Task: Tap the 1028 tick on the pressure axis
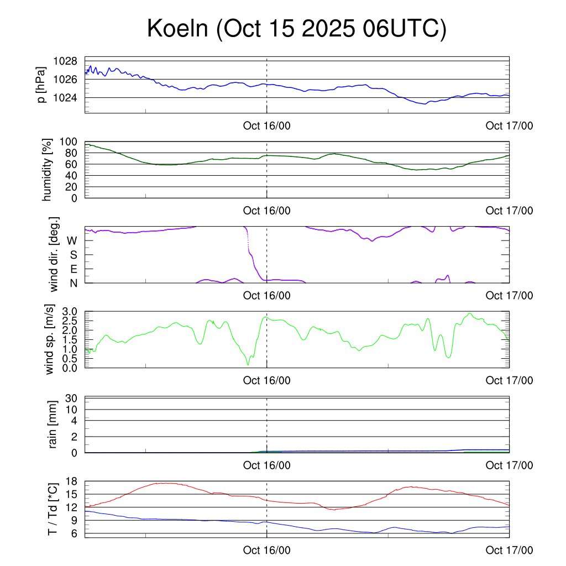click(x=65, y=61)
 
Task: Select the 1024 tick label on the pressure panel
click(x=65, y=98)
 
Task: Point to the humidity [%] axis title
click(x=47, y=170)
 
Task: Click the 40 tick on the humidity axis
click(x=72, y=175)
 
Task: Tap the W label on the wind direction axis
click(x=72, y=241)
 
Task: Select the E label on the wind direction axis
click(x=73, y=269)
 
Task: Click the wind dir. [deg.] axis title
click(x=55, y=255)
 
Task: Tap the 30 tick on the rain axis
click(x=72, y=398)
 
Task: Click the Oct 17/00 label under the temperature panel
click(x=509, y=551)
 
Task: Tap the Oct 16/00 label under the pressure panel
click(x=266, y=125)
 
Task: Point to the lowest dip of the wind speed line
click(x=248, y=365)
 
